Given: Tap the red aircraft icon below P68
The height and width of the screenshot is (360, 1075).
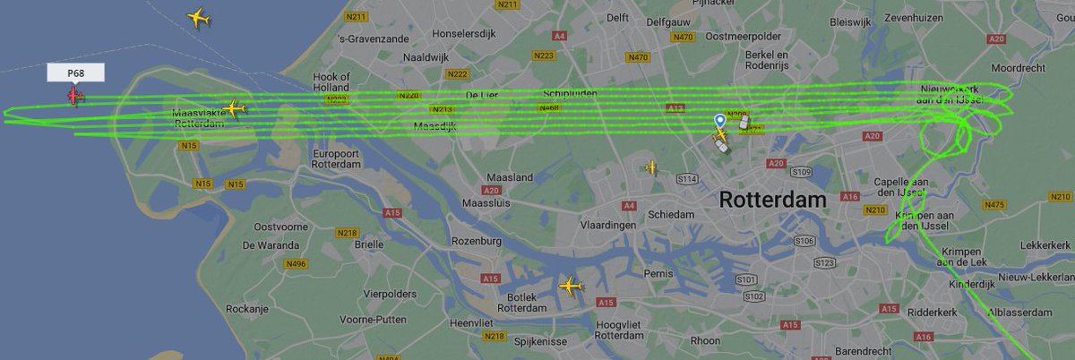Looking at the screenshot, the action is click(x=74, y=95).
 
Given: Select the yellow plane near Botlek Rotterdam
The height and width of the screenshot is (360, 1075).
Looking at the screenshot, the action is click(x=570, y=287).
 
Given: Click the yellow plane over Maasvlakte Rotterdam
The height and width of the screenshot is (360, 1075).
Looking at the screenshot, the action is click(x=234, y=108).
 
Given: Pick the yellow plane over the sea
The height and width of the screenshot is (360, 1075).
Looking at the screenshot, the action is click(x=199, y=18).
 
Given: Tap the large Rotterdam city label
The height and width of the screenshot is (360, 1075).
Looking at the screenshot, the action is click(x=771, y=201).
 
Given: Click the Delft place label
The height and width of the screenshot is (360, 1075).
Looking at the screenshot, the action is click(x=617, y=18).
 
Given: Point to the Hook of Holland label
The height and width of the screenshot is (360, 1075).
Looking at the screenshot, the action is click(x=331, y=82).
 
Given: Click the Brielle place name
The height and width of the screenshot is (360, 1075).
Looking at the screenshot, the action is click(x=369, y=244).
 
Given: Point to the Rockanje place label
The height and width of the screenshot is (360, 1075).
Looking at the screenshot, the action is click(x=247, y=308).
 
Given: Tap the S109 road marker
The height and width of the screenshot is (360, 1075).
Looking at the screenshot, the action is click(x=801, y=171).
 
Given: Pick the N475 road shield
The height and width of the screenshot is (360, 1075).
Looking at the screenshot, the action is click(x=993, y=205).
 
